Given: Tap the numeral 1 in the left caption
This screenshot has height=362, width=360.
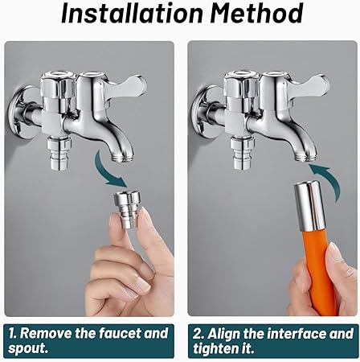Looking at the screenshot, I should click(13, 333).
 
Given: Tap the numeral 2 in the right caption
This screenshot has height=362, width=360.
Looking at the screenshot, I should click(198, 333).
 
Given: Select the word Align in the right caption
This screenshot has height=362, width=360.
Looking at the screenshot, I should click(227, 333).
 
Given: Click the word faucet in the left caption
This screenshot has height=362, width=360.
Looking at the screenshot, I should click(123, 333).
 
